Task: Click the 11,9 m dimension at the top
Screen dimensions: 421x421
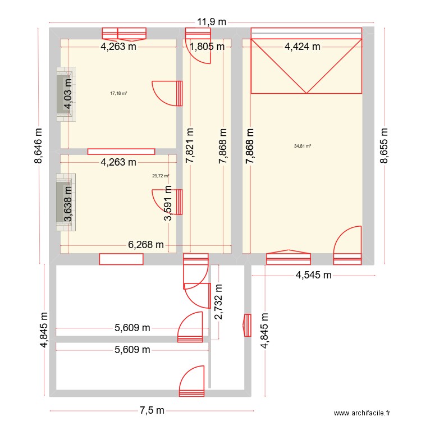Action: [x=212, y=22]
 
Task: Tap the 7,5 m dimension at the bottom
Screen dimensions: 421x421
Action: [x=152, y=410]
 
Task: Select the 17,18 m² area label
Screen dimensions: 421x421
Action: [x=118, y=93]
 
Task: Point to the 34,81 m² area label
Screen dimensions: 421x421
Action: [x=303, y=146]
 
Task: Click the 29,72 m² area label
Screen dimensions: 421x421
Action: [x=161, y=176]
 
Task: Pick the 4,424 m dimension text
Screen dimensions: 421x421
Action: [x=303, y=47]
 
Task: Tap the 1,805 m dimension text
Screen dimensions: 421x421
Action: [x=207, y=47]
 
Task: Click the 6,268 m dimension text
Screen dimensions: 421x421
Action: [x=146, y=245]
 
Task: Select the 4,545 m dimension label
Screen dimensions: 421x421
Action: [x=313, y=275]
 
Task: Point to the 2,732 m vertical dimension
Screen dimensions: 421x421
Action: [x=218, y=302]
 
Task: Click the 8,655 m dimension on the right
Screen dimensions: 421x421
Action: [x=384, y=145]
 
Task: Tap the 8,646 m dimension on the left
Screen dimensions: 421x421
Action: [x=38, y=145]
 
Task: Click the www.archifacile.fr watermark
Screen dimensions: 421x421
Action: [x=362, y=413]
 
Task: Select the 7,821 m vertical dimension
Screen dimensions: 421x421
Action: [x=190, y=145]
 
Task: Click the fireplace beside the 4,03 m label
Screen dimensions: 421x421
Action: [x=66, y=94]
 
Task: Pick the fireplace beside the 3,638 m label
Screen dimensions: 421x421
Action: [x=66, y=202]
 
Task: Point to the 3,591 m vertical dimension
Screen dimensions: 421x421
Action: [x=168, y=203]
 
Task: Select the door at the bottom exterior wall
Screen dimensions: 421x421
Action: [x=192, y=381]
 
